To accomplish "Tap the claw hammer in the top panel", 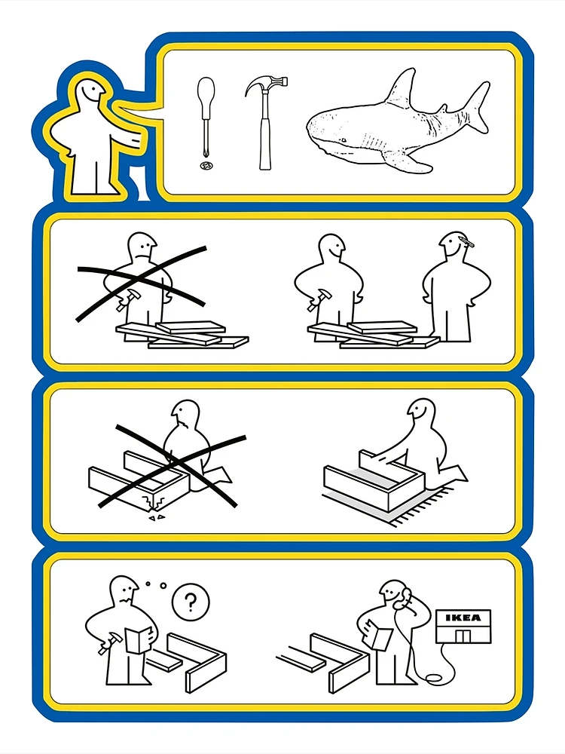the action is click(x=264, y=123).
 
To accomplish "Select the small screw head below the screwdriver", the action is click(x=206, y=166).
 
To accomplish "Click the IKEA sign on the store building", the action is click(x=463, y=618).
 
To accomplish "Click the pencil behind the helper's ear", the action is click(x=466, y=241).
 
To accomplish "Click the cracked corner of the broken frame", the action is click(x=154, y=501).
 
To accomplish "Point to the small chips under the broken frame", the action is click(x=156, y=517).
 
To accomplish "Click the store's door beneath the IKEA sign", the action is click(x=462, y=636).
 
